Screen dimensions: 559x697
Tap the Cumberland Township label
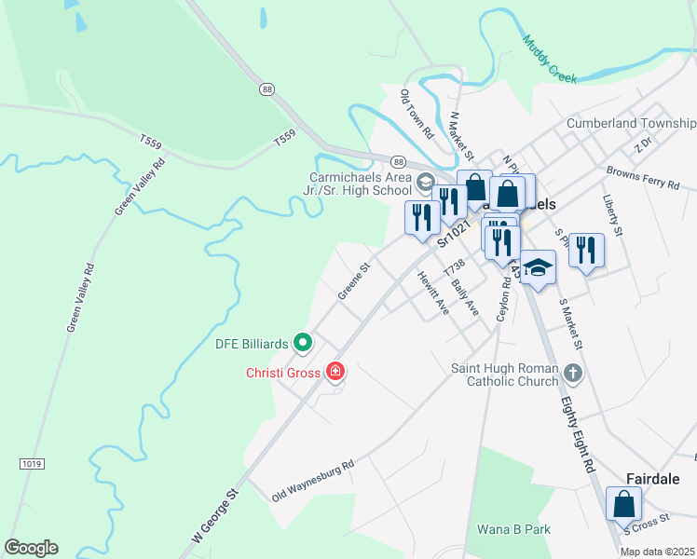tap(631, 123)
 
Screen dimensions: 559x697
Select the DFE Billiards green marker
tap(303, 344)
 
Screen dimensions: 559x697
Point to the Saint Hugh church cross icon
tap(573, 375)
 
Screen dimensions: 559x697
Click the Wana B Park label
tap(513, 529)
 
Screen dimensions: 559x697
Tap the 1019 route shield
tap(31, 462)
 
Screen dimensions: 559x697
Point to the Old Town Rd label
tap(417, 115)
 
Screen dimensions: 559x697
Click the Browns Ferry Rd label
tap(643, 177)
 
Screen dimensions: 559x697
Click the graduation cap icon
tap(538, 267)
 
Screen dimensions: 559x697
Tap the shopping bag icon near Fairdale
tap(623, 504)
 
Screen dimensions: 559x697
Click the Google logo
tap(31, 548)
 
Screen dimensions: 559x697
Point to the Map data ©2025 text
tap(657, 552)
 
